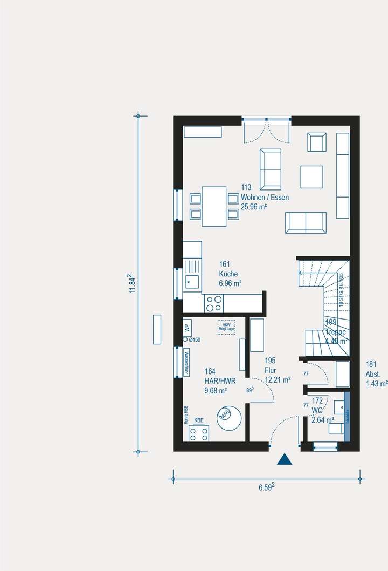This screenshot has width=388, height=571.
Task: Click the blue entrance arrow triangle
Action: pyautogui.click(x=284, y=459)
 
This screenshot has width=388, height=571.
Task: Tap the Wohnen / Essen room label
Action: pyautogui.click(x=265, y=198)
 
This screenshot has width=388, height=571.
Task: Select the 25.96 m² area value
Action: pyautogui.click(x=254, y=207)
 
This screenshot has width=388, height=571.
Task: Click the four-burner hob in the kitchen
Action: pyautogui.click(x=214, y=304)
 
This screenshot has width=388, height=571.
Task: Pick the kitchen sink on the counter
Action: pyautogui.click(x=191, y=280)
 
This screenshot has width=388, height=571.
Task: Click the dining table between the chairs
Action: pyautogui.click(x=214, y=207)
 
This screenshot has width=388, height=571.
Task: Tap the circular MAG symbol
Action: pyautogui.click(x=226, y=414)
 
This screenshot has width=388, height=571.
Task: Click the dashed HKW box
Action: pyautogui.click(x=226, y=327)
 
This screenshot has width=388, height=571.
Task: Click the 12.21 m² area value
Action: pyautogui.click(x=278, y=379)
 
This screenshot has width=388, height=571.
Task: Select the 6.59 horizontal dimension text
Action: pyautogui.click(x=266, y=487)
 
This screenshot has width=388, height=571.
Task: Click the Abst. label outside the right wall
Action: pyautogui.click(x=373, y=373)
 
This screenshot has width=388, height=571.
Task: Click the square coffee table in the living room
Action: pyautogui.click(x=312, y=176)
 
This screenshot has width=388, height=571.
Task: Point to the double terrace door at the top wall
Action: pyautogui.click(x=267, y=130)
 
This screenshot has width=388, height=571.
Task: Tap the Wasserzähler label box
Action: pyautogui.click(x=186, y=362)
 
